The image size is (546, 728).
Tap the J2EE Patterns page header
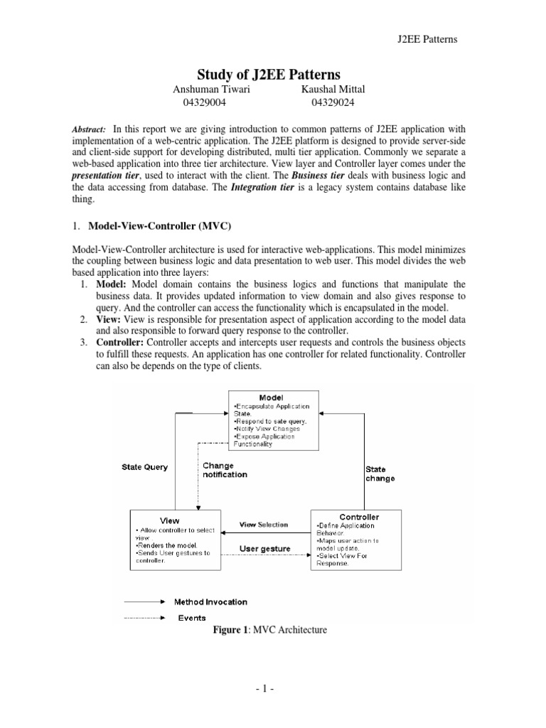426,38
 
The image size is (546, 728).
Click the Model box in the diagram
273,419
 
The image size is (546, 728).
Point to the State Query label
145,467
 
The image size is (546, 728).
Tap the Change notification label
226,470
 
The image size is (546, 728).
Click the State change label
380,473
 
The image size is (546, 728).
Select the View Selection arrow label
264,525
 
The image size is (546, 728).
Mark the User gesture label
264,549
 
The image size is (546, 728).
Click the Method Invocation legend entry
212,601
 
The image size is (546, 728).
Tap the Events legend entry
193,618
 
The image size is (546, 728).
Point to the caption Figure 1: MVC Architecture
274,631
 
